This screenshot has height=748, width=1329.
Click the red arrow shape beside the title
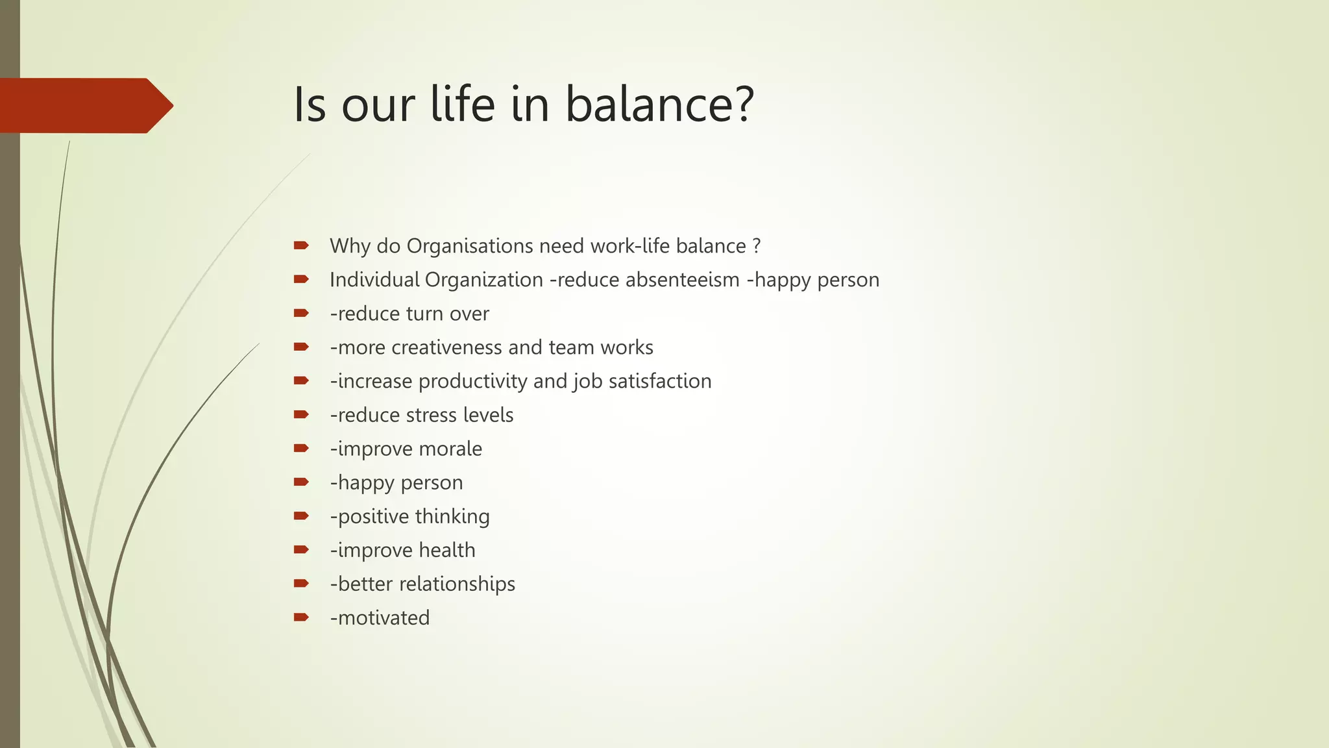(x=84, y=105)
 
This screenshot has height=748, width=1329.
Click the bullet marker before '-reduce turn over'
(x=300, y=313)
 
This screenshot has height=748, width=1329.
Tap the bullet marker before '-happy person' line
(x=300, y=482)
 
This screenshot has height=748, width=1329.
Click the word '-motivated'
(x=380, y=617)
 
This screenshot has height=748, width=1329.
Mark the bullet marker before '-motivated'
(x=300, y=617)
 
